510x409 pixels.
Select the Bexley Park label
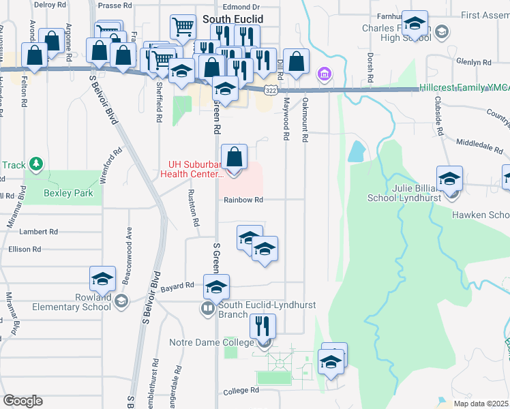pyautogui.click(x=68, y=194)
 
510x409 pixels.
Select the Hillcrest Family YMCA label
pyautogui.click(x=464, y=88)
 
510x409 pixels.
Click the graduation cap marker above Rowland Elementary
pyautogui.click(x=102, y=279)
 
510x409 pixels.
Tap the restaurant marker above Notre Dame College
pyautogui.click(x=261, y=325)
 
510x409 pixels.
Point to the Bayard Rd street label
pyautogui.click(x=178, y=286)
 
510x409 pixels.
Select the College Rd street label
pyautogui.click(x=242, y=391)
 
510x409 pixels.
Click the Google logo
pyautogui.click(x=22, y=401)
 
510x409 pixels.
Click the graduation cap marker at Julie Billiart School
pyautogui.click(x=449, y=180)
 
